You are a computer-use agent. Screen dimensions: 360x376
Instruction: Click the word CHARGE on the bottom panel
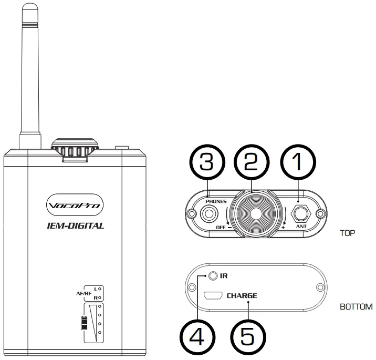pyautogui.click(x=242, y=296)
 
